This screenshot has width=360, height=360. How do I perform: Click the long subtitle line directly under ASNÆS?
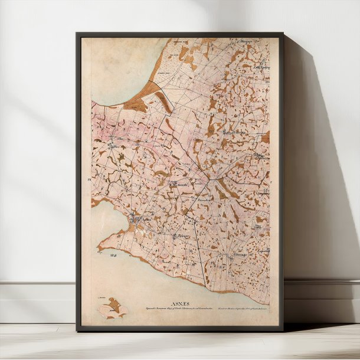175,307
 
